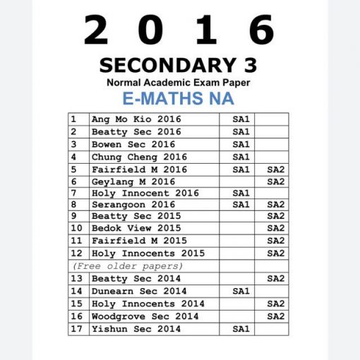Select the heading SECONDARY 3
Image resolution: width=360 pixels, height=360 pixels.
click(179, 66)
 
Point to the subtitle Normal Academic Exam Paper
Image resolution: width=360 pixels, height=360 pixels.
click(179, 83)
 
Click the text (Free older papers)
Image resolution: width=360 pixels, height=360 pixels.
click(128, 266)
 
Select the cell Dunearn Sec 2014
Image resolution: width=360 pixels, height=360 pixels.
click(139, 291)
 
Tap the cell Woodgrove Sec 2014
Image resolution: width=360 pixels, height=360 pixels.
click(145, 316)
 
